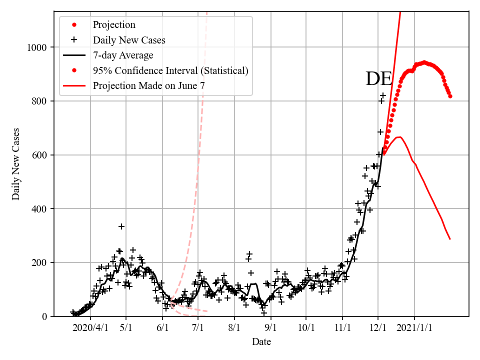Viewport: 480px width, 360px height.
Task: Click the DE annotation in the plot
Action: click(379, 79)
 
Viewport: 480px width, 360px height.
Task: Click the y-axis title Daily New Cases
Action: click(16, 163)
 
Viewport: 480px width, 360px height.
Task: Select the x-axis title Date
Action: click(261, 342)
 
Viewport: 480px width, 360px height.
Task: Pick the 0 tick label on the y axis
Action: click(44, 316)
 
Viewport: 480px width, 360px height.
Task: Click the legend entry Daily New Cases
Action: click(129, 40)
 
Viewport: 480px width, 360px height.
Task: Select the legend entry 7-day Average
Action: click(123, 55)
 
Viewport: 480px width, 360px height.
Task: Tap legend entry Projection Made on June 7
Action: click(149, 85)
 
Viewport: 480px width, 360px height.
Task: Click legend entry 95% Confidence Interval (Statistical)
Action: click(170, 70)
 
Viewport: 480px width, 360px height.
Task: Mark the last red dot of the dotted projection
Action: click(450, 96)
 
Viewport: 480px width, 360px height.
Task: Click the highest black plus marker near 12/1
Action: click(383, 95)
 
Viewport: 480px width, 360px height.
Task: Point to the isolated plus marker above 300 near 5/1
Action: click(121, 226)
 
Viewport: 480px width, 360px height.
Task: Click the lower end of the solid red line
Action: click(450, 239)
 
